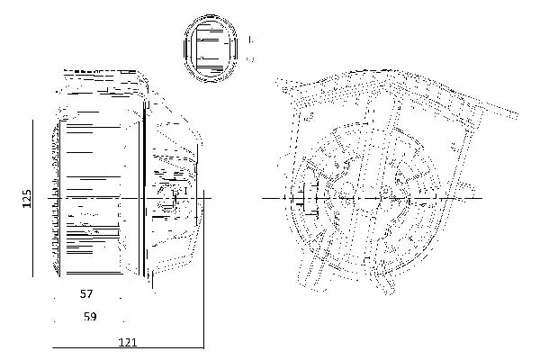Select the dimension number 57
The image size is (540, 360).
click(87, 294)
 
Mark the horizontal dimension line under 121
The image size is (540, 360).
click(128, 347)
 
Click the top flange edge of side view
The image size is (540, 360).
click(103, 71)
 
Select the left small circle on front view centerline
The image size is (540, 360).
click(346, 192)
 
